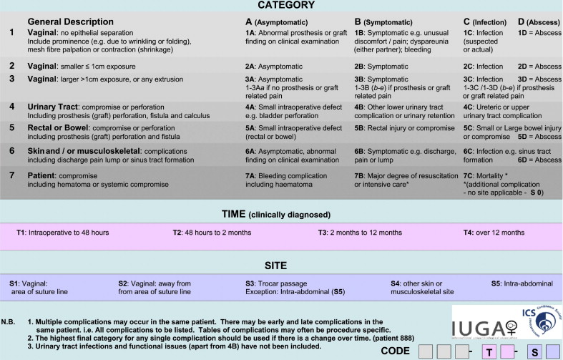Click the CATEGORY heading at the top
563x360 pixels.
(x=281, y=6)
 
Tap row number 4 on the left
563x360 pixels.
(x=11, y=106)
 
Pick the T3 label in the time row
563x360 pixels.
(x=324, y=233)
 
